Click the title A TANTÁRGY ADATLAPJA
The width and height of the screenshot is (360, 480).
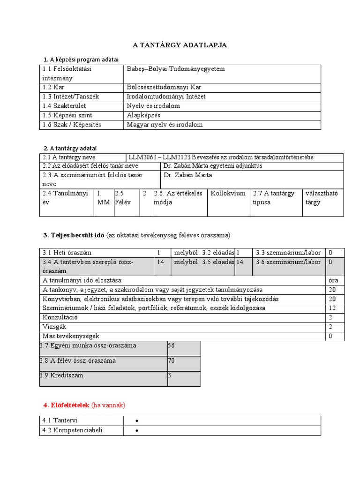tap(180, 45)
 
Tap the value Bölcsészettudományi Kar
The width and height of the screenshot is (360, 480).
tap(164, 87)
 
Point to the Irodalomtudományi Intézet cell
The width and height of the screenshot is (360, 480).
tap(166, 97)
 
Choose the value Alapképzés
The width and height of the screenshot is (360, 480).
tap(143, 115)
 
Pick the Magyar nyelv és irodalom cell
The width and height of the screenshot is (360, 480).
tap(165, 125)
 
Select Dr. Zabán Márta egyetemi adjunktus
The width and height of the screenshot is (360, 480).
tap(212, 166)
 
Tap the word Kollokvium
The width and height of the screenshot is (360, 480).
tap(228, 193)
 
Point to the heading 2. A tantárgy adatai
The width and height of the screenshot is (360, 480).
tap(70, 148)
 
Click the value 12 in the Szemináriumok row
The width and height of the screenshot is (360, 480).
tap(332, 308)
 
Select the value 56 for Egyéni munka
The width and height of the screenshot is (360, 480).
tap(171, 345)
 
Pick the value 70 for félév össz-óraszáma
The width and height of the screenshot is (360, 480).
tap(171, 360)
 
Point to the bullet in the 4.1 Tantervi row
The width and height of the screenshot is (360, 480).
tap(136, 421)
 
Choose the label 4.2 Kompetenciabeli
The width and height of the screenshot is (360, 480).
tap(72, 430)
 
